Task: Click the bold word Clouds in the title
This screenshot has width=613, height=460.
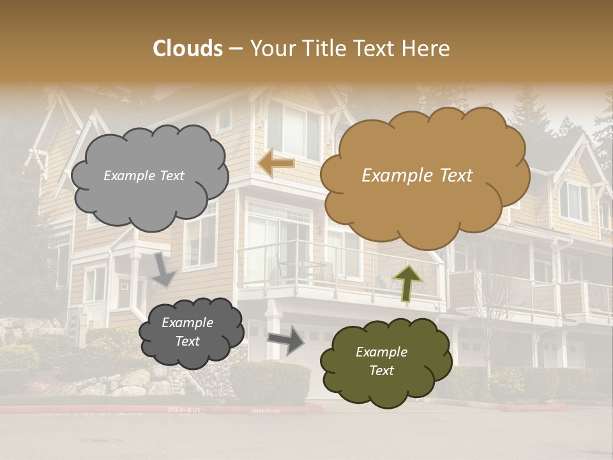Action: [x=188, y=49]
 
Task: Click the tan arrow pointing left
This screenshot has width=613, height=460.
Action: [x=276, y=164]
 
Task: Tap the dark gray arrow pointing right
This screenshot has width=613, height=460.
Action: [x=286, y=340]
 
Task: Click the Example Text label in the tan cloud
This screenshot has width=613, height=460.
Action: [x=417, y=176]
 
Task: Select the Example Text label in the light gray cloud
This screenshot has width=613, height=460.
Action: [x=144, y=176]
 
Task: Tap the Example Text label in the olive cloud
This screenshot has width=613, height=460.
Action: [x=381, y=361]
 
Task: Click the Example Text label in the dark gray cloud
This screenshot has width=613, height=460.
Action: [x=187, y=332]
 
